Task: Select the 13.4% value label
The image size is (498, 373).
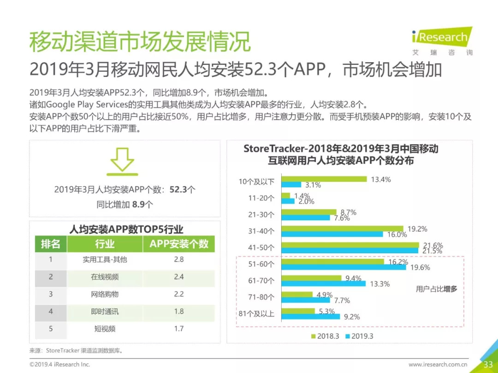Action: (x=380, y=179)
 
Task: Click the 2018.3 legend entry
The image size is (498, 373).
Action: (x=326, y=336)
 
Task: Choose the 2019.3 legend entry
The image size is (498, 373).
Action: (x=359, y=336)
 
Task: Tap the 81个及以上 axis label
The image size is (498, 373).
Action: (x=256, y=314)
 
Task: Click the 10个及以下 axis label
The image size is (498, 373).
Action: (x=256, y=181)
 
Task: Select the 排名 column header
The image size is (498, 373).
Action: (x=51, y=244)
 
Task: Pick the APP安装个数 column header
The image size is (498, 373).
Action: (x=179, y=244)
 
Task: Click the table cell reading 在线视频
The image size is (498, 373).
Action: (x=105, y=277)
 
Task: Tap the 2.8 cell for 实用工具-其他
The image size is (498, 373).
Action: (x=179, y=259)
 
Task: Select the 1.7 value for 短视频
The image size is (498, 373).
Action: (x=179, y=328)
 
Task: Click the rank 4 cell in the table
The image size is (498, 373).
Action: (x=51, y=311)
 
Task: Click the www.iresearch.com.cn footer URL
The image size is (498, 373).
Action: (x=438, y=365)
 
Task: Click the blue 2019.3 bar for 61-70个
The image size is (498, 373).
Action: (x=323, y=284)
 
